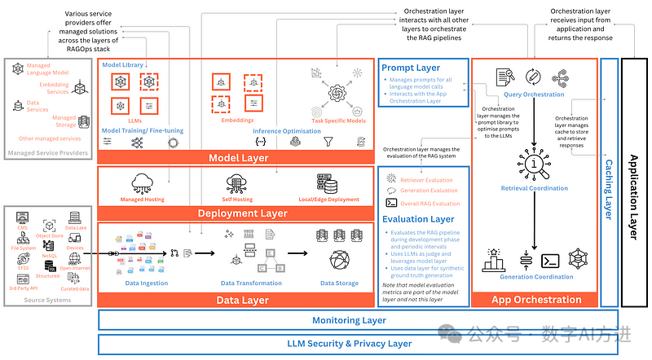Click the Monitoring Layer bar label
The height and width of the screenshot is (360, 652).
tap(349, 320)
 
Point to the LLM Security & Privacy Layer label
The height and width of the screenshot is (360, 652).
tap(349, 344)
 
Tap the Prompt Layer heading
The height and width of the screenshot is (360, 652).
tap(411, 68)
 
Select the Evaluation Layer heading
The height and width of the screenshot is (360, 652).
tap(418, 219)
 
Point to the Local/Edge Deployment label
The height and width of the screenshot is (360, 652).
tap(328, 200)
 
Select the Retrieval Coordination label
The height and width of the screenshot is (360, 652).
tap(535, 188)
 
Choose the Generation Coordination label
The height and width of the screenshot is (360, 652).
tap(536, 277)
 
